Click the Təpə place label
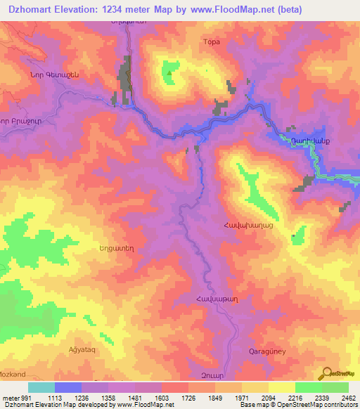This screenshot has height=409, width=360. [212, 42]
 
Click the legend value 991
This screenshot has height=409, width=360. [25, 398]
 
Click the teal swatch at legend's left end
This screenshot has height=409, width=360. [41, 388]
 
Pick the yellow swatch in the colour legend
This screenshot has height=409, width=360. [281, 388]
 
